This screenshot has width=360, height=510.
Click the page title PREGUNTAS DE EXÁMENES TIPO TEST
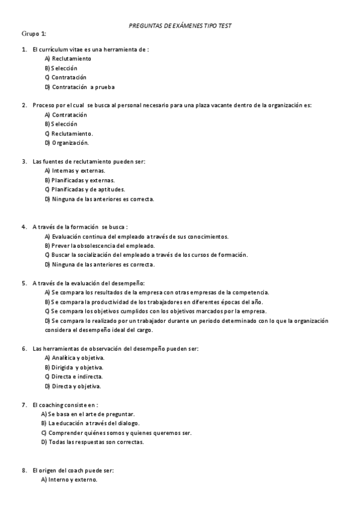180,26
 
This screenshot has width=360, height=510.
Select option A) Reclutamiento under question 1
68,58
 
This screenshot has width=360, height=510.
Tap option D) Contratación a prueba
79,87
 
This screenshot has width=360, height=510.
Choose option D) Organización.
67,143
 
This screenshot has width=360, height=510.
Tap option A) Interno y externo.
69,480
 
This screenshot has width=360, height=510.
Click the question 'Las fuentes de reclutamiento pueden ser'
89,161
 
